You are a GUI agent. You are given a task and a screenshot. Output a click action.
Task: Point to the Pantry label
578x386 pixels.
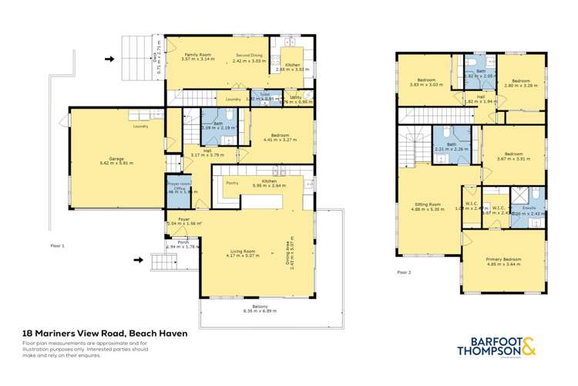(x=231, y=182)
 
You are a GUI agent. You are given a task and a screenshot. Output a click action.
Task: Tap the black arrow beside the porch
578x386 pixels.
(x=138, y=260)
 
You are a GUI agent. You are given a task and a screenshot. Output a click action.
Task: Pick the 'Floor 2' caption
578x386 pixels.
(x=405, y=273)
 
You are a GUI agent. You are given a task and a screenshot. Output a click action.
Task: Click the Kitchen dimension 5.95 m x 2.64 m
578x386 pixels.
(x=265, y=185)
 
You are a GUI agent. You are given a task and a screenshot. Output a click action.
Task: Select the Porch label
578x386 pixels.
(x=184, y=242)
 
